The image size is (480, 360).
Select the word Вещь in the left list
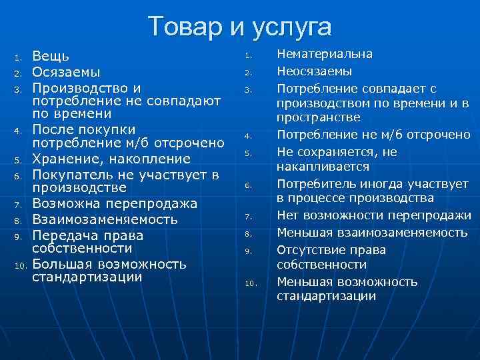point(51,57)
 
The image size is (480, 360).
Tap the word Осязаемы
point(67,72)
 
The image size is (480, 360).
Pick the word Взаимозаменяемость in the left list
point(105,219)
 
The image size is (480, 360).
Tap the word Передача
point(64,235)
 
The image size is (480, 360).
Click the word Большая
point(62,263)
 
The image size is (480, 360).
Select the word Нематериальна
point(325,54)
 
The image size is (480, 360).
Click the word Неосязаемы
point(315,71)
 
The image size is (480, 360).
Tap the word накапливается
point(323,166)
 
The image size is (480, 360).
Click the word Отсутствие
point(313,249)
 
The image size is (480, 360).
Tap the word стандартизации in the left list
point(87,277)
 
